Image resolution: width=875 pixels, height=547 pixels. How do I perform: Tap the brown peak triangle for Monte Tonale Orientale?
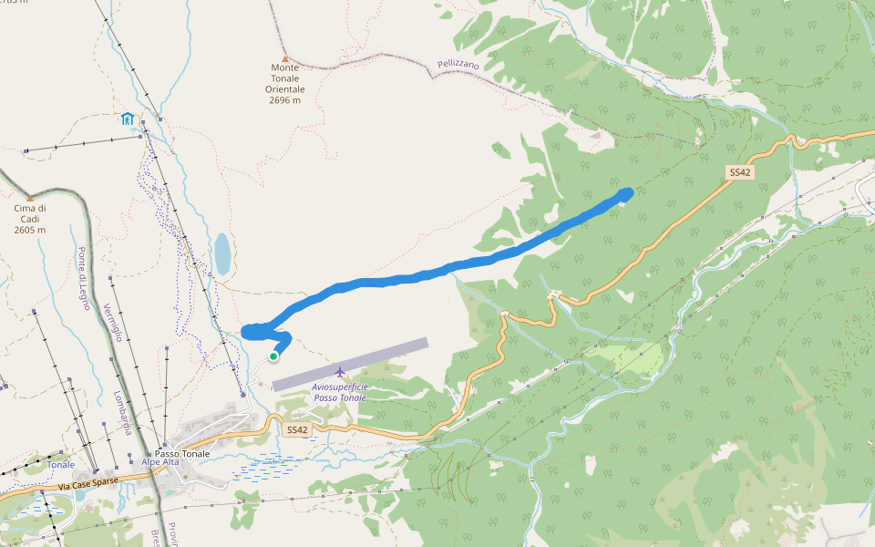284,57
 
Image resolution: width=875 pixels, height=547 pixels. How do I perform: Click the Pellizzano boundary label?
458,66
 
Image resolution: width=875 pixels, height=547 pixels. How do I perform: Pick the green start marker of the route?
273,356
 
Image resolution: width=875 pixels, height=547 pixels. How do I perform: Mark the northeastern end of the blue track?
627,191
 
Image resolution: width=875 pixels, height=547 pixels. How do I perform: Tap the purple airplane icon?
340,371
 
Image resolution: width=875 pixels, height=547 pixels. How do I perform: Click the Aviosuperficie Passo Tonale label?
339,392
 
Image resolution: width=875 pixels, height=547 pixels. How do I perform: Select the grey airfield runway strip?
350,364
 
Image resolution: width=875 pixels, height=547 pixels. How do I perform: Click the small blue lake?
222,254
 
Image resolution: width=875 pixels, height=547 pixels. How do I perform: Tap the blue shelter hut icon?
127,119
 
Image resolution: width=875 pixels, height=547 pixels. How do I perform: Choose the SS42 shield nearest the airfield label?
298,429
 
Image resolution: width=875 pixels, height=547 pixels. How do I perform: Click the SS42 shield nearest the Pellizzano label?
739,171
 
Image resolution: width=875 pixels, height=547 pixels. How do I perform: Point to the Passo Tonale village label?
182,453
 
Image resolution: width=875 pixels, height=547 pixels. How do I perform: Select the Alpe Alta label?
160,462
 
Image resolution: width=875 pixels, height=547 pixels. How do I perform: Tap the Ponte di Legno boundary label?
85,278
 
